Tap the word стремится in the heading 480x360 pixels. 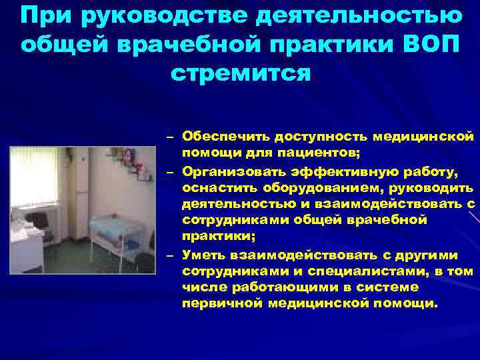click(x=240, y=72)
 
